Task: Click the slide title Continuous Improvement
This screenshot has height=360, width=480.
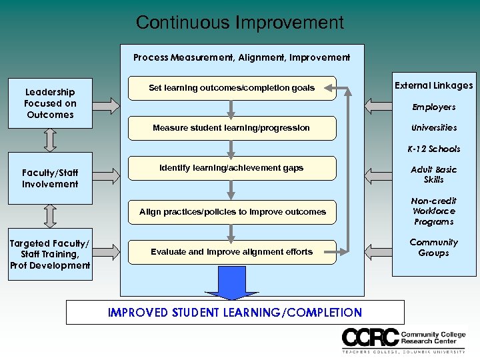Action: pyautogui.click(x=239, y=23)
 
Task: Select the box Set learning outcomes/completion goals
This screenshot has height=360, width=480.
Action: pyautogui.click(x=231, y=88)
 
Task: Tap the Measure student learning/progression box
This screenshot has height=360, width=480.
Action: pyautogui.click(x=231, y=128)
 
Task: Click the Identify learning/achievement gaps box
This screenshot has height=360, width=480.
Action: pyautogui.click(x=231, y=169)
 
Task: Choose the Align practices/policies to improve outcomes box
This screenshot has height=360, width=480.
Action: pyautogui.click(x=232, y=212)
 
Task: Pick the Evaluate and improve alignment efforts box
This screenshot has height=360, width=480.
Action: pyautogui.click(x=231, y=252)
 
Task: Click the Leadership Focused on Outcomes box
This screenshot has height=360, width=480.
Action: pyautogui.click(x=50, y=103)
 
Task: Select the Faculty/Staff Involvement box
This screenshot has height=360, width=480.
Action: pyautogui.click(x=50, y=179)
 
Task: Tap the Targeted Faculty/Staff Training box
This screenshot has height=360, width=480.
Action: pyautogui.click(x=50, y=255)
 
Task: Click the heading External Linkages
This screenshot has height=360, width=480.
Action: pyautogui.click(x=433, y=85)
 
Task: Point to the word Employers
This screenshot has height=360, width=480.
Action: pyautogui.click(x=433, y=107)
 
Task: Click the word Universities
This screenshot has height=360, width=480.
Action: pyautogui.click(x=433, y=128)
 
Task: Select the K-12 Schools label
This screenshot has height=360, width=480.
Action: pyautogui.click(x=433, y=149)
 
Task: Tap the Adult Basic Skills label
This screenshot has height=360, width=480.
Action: pyautogui.click(x=433, y=175)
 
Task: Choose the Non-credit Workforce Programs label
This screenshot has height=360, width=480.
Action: pyautogui.click(x=433, y=211)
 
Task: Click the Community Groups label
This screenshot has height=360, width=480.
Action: pyautogui.click(x=433, y=248)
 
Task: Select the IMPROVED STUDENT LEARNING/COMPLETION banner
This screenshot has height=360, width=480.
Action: pyautogui.click(x=235, y=313)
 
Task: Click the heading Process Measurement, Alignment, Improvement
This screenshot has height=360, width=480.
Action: pyautogui.click(x=241, y=58)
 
